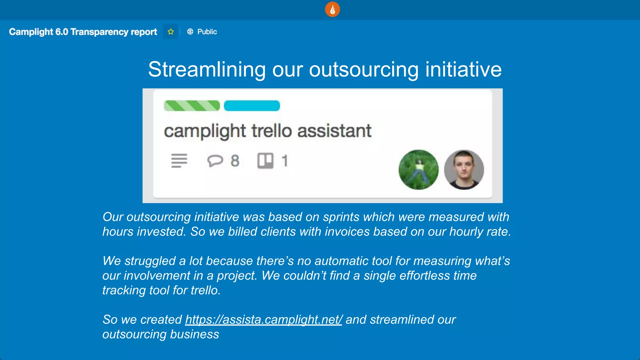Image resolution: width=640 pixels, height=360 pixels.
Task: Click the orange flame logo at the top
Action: [332, 9]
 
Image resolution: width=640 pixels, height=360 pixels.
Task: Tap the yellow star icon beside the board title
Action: [171, 32]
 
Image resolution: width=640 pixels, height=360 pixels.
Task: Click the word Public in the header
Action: [207, 32]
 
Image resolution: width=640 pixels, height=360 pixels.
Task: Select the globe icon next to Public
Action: [190, 32]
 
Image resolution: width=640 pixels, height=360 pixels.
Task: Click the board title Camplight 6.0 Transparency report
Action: [83, 32]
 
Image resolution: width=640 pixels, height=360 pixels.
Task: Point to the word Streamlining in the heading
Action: [207, 69]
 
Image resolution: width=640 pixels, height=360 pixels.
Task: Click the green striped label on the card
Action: [192, 106]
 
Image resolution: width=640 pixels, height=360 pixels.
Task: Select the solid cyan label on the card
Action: [252, 106]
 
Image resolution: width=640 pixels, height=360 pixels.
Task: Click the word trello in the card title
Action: [271, 131]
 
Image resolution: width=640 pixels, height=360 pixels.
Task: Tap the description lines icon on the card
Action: [179, 161]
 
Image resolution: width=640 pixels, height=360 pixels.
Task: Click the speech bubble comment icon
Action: [215, 161]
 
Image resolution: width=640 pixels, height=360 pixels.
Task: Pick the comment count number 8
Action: [235, 161]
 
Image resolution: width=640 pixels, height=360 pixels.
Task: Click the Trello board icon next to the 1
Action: [265, 161]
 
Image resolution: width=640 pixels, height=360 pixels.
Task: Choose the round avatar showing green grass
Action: [418, 170]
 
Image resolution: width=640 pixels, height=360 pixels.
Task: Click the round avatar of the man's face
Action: [464, 170]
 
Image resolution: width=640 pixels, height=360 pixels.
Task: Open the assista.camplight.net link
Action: [263, 320]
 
